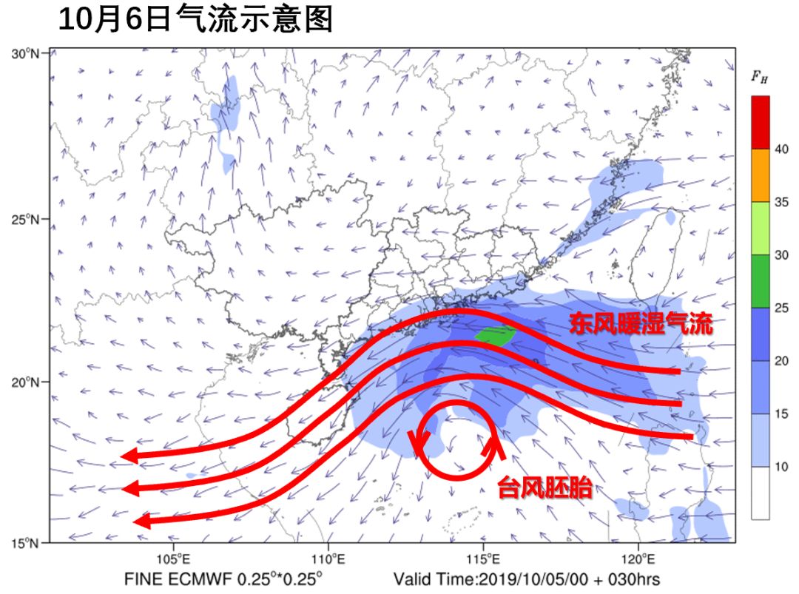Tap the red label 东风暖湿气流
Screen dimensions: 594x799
(641, 324)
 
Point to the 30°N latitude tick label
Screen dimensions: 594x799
(27, 53)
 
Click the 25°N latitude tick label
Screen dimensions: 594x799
(27, 220)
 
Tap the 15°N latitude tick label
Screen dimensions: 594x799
(27, 544)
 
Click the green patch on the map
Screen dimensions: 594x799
(496, 335)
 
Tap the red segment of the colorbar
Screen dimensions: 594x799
(760, 122)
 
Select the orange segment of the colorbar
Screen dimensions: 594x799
(760, 175)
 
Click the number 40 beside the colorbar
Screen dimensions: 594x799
(781, 149)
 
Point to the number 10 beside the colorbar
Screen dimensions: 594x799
(781, 467)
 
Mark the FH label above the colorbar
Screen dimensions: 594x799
(759, 76)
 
